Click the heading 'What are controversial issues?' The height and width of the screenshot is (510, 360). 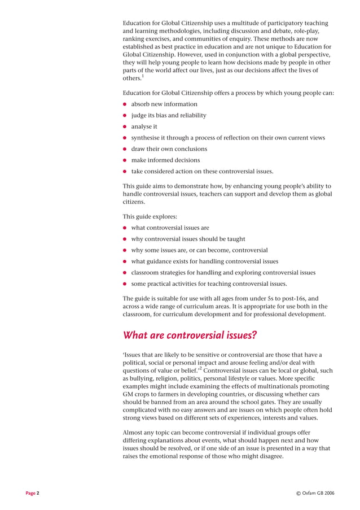point(190,335)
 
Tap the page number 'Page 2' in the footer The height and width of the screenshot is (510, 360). point(32,493)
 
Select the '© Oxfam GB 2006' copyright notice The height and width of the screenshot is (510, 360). point(315,493)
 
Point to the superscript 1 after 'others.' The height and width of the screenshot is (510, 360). point(142,76)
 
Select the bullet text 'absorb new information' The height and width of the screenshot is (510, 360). point(164,104)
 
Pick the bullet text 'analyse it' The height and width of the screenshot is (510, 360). point(144,127)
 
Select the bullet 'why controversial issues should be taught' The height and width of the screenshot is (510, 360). point(188,239)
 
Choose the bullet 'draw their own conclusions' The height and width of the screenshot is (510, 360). point(169,149)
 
